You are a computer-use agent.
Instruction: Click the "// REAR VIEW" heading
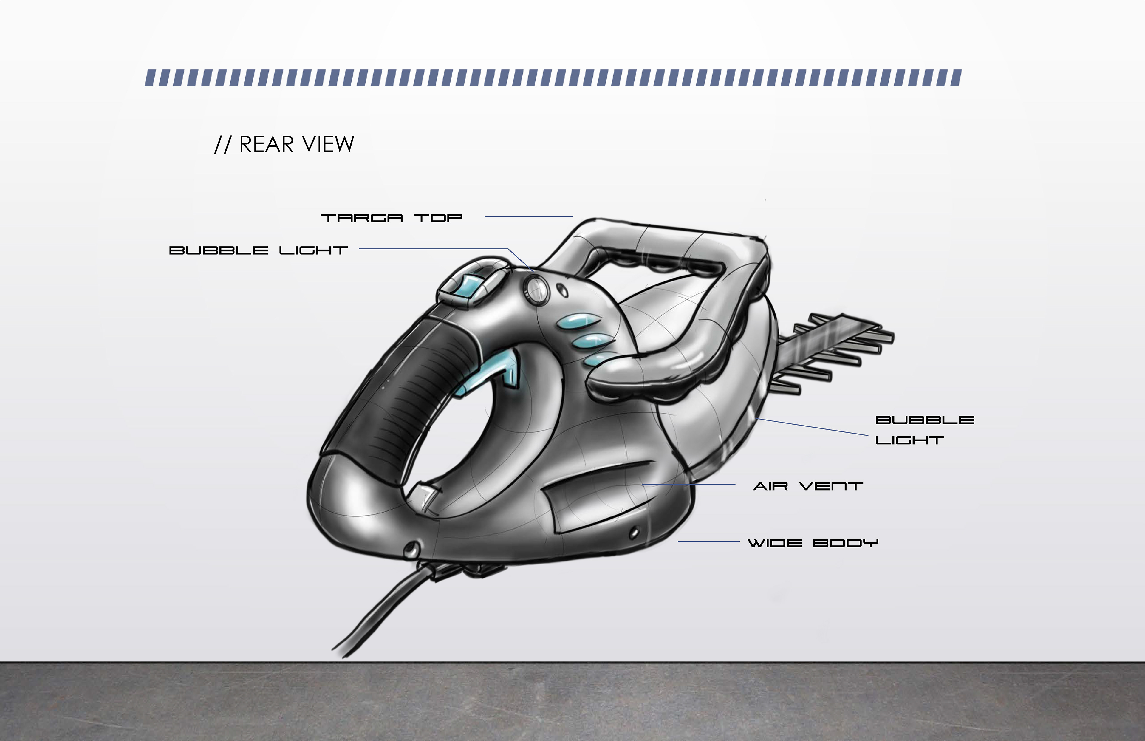coord(284,144)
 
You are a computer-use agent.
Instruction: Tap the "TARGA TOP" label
coord(391,218)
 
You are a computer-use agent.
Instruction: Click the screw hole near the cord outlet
coord(411,547)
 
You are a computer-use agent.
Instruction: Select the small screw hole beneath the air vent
coord(634,532)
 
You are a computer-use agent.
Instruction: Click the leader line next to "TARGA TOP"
coord(528,216)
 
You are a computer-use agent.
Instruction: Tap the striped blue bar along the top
coord(553,78)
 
